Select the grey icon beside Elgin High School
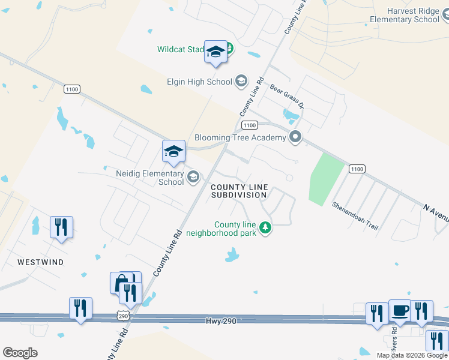(x=241, y=82)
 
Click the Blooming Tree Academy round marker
(x=295, y=137)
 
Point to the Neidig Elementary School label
(x=150, y=178)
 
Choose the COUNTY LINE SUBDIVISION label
(x=238, y=191)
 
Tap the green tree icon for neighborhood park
(x=265, y=228)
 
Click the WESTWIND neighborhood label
(x=40, y=262)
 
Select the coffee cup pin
(x=399, y=311)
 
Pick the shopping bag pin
(x=121, y=283)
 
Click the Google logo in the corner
(x=20, y=353)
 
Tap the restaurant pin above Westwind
(x=61, y=227)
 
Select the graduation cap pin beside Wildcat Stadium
(x=215, y=53)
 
